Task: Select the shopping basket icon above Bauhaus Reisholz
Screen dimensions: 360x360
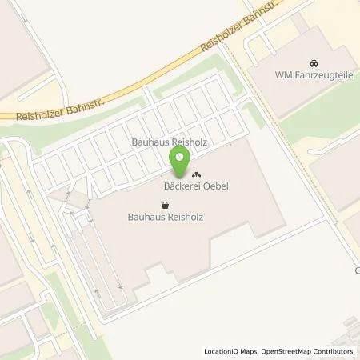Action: coord(165,204)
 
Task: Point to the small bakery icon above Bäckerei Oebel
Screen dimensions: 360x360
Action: coord(196,174)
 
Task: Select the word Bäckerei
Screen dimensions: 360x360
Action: coord(175,187)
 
